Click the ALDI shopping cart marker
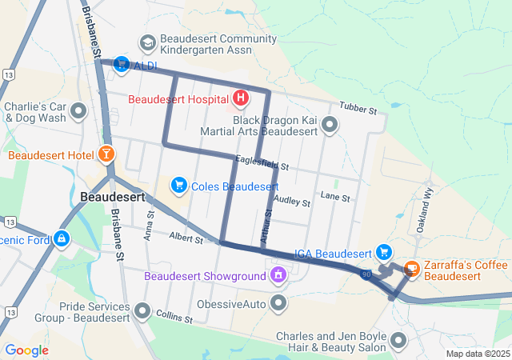click(x=122, y=63)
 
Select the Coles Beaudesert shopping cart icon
click(x=179, y=186)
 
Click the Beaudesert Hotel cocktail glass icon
click(x=106, y=153)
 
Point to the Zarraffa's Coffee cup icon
click(x=413, y=270)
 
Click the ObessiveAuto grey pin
click(x=278, y=303)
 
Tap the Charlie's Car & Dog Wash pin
click(x=78, y=111)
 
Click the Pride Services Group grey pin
click(x=143, y=310)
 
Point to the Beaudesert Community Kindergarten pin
click(x=147, y=42)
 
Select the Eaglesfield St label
click(x=262, y=165)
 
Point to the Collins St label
click(x=175, y=317)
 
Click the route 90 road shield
click(x=366, y=274)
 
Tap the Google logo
click(x=26, y=350)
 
